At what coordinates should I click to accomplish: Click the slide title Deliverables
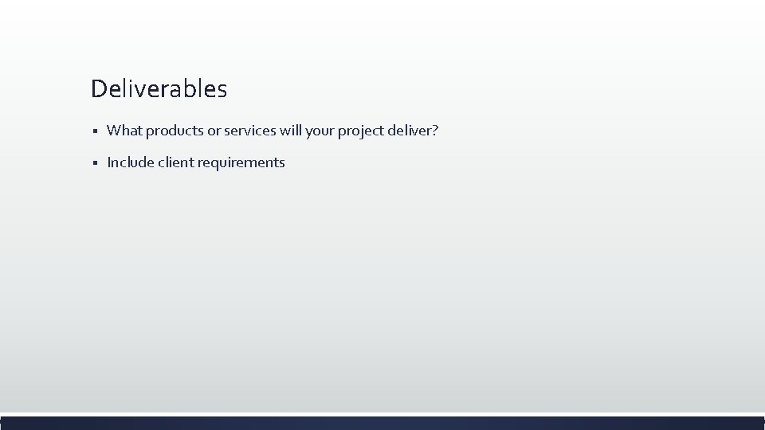pyautogui.click(x=159, y=88)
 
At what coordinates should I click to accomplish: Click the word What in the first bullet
pyautogui.click(x=123, y=130)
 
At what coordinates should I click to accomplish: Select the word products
pyautogui.click(x=171, y=131)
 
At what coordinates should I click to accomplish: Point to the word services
pyautogui.click(x=250, y=130)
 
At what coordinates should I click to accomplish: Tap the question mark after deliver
pyautogui.click(x=435, y=130)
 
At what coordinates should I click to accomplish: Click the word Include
pyautogui.click(x=130, y=162)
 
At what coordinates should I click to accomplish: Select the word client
pyautogui.click(x=175, y=162)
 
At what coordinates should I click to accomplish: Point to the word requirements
pyautogui.click(x=241, y=162)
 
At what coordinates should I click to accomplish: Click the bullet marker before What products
pyautogui.click(x=94, y=131)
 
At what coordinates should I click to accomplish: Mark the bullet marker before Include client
pyautogui.click(x=94, y=163)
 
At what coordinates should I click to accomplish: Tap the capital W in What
pyautogui.click(x=113, y=130)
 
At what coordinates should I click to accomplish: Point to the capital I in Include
pyautogui.click(x=108, y=162)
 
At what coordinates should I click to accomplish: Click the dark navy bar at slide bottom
pyautogui.click(x=382, y=423)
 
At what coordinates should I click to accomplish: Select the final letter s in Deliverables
pyautogui.click(x=222, y=90)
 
